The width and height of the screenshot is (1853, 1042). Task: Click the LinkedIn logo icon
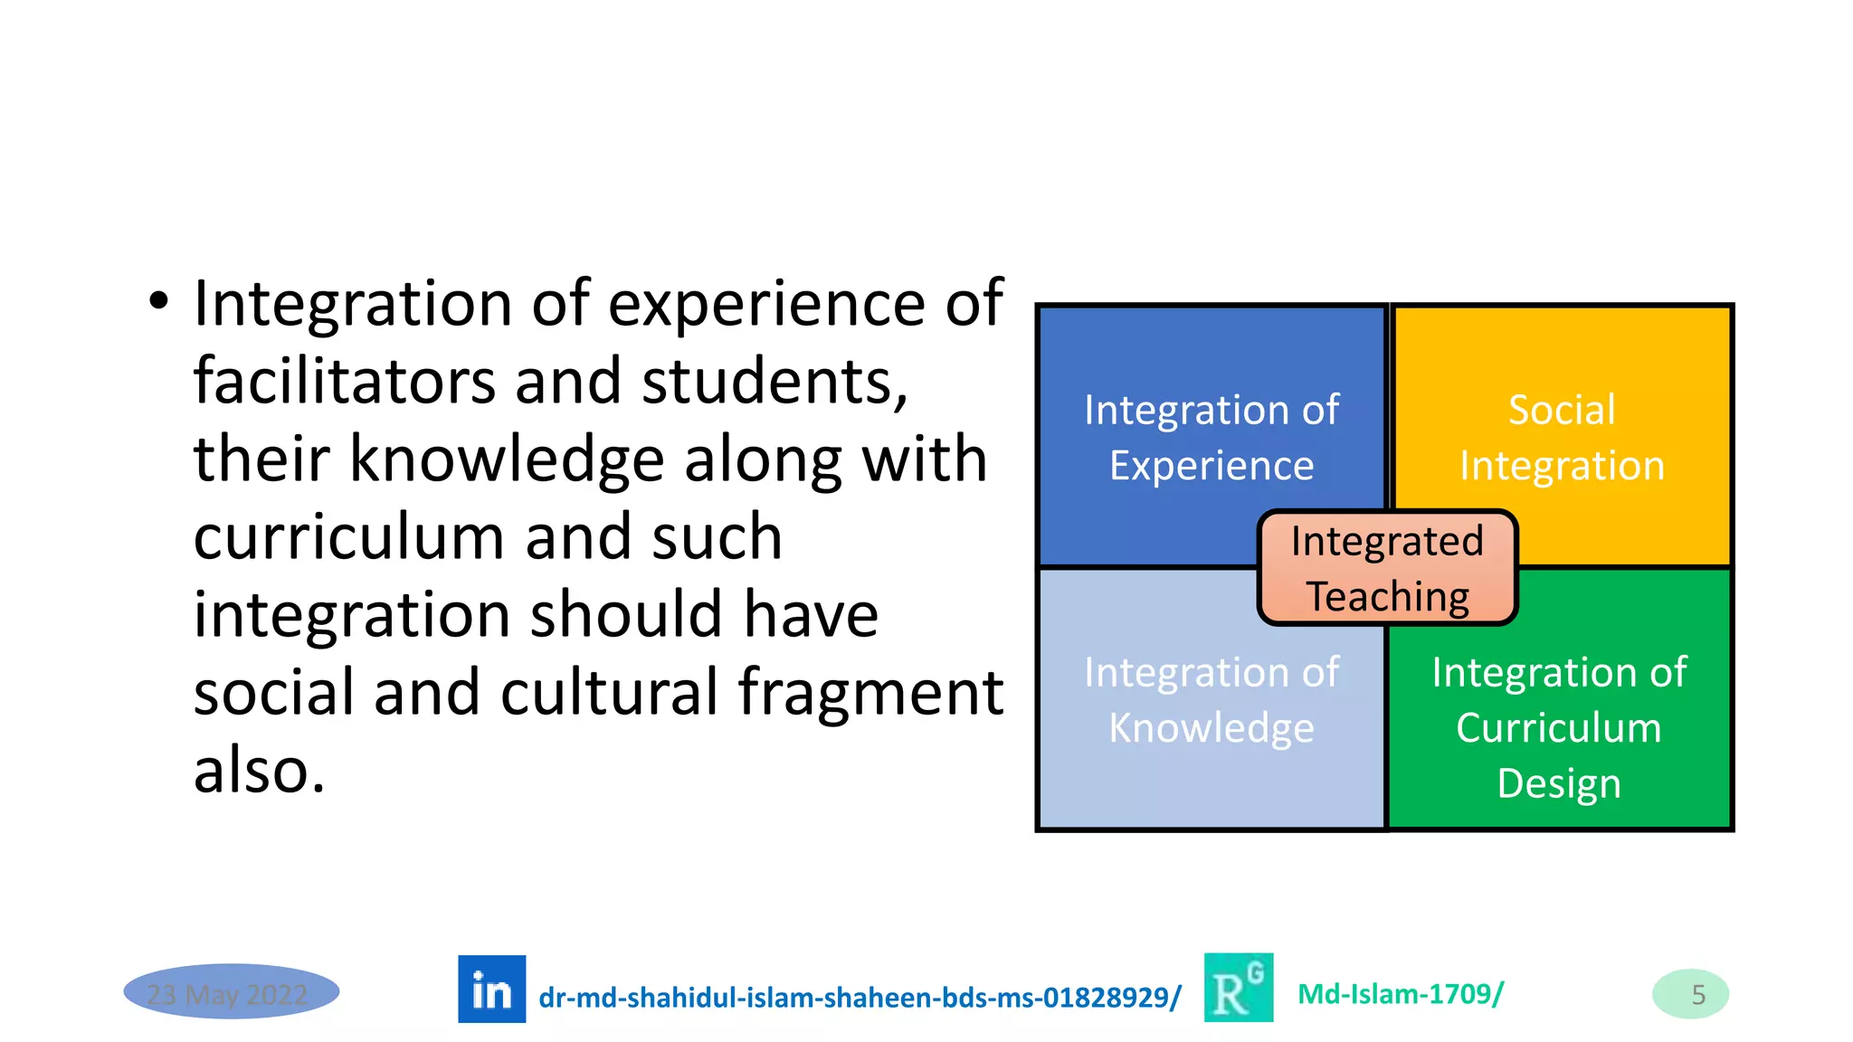point(491,989)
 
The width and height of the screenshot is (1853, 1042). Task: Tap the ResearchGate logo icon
point(1238,988)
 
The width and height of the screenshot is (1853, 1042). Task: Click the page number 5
point(1697,994)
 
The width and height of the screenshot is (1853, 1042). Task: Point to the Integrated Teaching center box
point(1387,568)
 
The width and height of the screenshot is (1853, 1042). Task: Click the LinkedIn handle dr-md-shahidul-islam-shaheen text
point(860,997)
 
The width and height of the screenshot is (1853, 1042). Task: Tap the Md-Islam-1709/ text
point(1401,994)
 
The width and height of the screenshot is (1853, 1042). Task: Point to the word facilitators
point(344,381)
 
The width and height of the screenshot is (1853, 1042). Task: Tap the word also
point(259,771)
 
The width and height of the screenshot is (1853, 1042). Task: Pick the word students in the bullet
point(774,381)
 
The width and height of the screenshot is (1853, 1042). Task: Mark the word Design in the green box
point(1558,783)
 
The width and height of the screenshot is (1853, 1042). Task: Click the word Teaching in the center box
point(1388,597)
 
